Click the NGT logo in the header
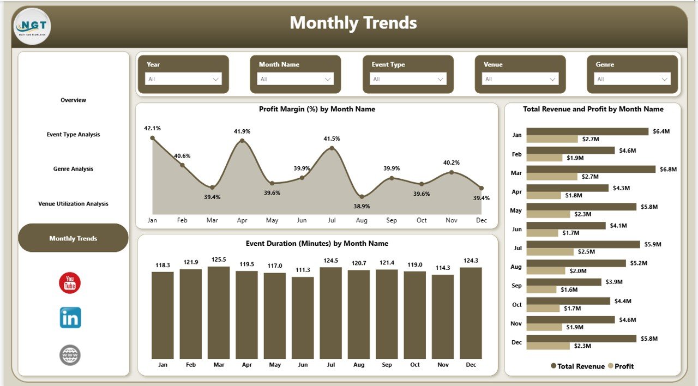(x=32, y=26)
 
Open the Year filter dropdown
(x=183, y=79)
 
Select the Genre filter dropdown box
(x=632, y=79)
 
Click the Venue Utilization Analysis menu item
(x=73, y=204)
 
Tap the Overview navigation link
(x=73, y=100)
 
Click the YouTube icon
(x=70, y=283)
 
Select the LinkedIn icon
(x=70, y=318)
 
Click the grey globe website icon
(x=70, y=355)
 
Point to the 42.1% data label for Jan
(x=152, y=128)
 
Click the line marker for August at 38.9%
(x=362, y=196)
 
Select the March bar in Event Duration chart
(x=219, y=312)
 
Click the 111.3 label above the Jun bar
(x=303, y=270)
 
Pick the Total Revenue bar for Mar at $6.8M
(x=591, y=169)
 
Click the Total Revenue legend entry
(x=578, y=366)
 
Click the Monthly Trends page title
(x=353, y=23)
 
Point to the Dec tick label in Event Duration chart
(x=471, y=365)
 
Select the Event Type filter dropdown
(x=408, y=79)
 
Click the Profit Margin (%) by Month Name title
(x=317, y=109)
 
